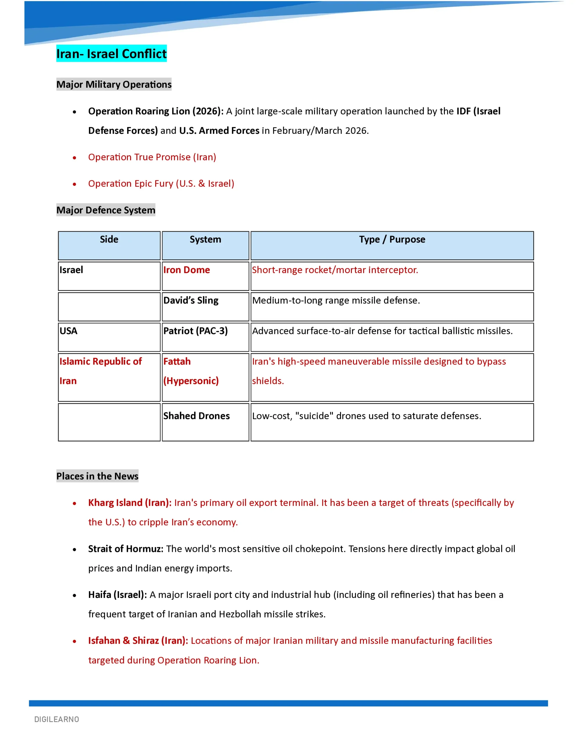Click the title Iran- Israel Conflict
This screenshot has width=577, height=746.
point(111,54)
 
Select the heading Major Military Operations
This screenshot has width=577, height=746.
point(114,85)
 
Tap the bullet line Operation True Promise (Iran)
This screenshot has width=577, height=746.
point(152,157)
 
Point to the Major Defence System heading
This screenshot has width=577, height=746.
point(106,210)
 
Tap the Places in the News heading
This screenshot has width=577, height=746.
point(97,476)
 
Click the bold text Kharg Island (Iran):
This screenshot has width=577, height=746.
point(130,503)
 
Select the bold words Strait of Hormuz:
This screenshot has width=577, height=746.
point(125,549)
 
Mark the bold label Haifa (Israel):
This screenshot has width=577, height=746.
point(117,595)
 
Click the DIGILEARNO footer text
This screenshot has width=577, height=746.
point(57,719)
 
